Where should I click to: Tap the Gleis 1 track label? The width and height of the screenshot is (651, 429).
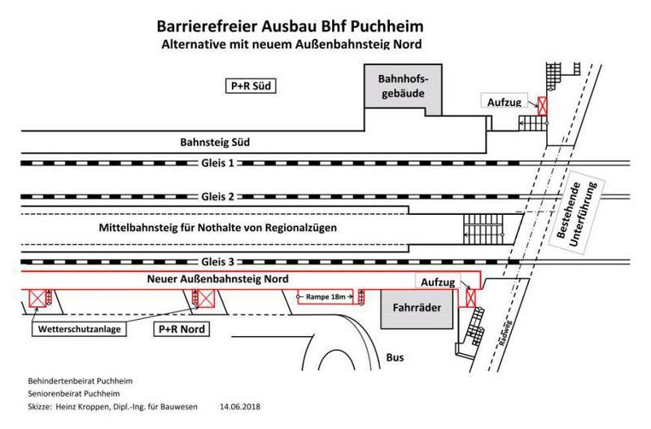pyautogui.click(x=216, y=162)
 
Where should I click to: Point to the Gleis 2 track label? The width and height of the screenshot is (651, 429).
pyautogui.click(x=216, y=197)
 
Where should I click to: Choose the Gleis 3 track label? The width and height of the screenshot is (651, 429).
pyautogui.click(x=216, y=261)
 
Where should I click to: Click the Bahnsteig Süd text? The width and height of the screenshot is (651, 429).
pyautogui.click(x=213, y=142)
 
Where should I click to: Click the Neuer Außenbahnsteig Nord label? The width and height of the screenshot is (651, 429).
pyautogui.click(x=219, y=278)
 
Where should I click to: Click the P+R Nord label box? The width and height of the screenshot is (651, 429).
pyautogui.click(x=179, y=331)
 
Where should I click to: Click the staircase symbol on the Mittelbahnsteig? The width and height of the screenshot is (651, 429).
pyautogui.click(x=483, y=226)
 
